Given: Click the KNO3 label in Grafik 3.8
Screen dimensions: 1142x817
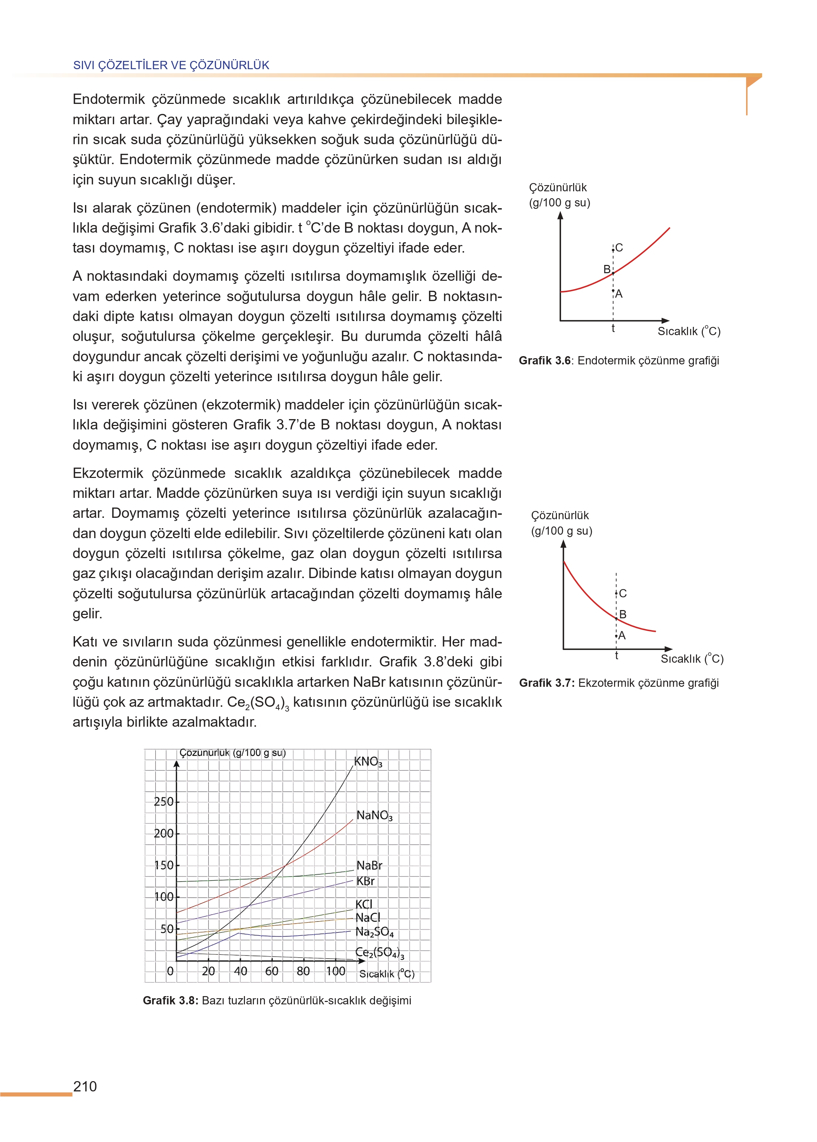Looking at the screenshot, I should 368,762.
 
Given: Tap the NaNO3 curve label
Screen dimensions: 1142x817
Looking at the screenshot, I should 374,815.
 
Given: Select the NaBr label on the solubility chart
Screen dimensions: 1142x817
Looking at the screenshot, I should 369,865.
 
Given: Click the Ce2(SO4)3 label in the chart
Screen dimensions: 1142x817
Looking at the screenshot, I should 380,952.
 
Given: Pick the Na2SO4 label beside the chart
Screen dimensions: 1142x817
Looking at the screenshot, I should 374,932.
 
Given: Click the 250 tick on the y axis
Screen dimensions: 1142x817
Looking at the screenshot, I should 163,801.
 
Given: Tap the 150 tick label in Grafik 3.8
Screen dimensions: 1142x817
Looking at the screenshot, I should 163,865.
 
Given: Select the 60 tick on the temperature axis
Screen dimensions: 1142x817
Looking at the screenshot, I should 272,971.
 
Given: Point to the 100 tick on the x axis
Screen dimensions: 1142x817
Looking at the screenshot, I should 335,971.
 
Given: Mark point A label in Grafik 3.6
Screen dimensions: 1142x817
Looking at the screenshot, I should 619,294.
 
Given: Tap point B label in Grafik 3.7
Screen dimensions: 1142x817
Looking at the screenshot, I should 623,614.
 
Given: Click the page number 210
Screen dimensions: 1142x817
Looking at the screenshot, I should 85,1087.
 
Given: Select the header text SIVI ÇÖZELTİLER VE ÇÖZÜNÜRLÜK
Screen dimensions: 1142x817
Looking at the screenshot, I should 171,65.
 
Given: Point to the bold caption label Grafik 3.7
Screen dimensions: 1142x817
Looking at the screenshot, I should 546,683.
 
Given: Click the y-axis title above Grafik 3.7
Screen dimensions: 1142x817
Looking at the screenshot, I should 561,523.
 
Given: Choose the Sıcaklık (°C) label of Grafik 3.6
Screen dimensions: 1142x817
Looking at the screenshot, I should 689,331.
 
